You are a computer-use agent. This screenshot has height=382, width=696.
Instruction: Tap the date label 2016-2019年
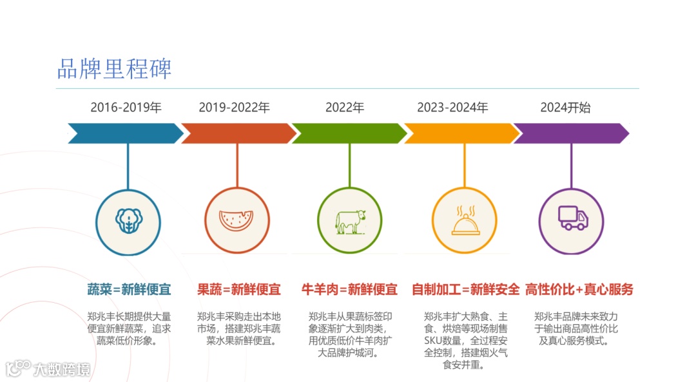[126, 108]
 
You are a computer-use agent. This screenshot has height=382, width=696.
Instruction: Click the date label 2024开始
[565, 108]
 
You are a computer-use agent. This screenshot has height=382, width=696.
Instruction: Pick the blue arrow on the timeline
[126, 133]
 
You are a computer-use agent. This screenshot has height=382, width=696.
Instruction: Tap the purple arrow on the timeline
[571, 133]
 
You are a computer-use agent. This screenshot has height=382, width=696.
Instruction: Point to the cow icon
[350, 221]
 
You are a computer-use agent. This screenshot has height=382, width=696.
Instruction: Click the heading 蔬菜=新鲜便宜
[130, 289]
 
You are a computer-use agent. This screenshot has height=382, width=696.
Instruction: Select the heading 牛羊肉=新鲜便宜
[350, 289]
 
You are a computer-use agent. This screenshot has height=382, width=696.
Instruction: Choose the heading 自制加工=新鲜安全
[465, 289]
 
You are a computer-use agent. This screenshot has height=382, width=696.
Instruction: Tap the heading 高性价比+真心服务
[579, 289]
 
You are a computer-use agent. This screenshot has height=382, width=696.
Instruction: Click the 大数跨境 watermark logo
[48, 368]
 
